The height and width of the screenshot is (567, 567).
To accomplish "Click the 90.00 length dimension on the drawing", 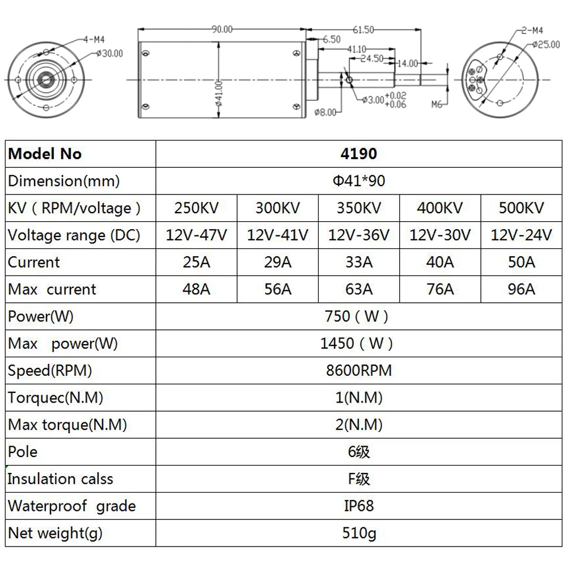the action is tap(222, 29).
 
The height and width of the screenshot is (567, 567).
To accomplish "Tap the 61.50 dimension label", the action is tap(363, 29).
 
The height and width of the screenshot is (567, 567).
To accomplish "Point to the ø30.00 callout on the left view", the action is tap(109, 53).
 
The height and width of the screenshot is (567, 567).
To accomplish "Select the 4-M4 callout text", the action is tap(94, 40).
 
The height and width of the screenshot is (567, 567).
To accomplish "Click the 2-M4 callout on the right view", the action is tap(532, 31).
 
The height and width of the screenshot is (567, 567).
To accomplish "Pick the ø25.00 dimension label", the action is tap(546, 44).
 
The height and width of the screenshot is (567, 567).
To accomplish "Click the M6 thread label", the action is tap(437, 104).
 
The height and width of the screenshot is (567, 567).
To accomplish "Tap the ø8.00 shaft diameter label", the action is tap(325, 112).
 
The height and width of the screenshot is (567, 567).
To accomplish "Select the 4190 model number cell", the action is tap(359, 154).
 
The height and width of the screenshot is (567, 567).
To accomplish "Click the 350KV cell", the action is tap(359, 208).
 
